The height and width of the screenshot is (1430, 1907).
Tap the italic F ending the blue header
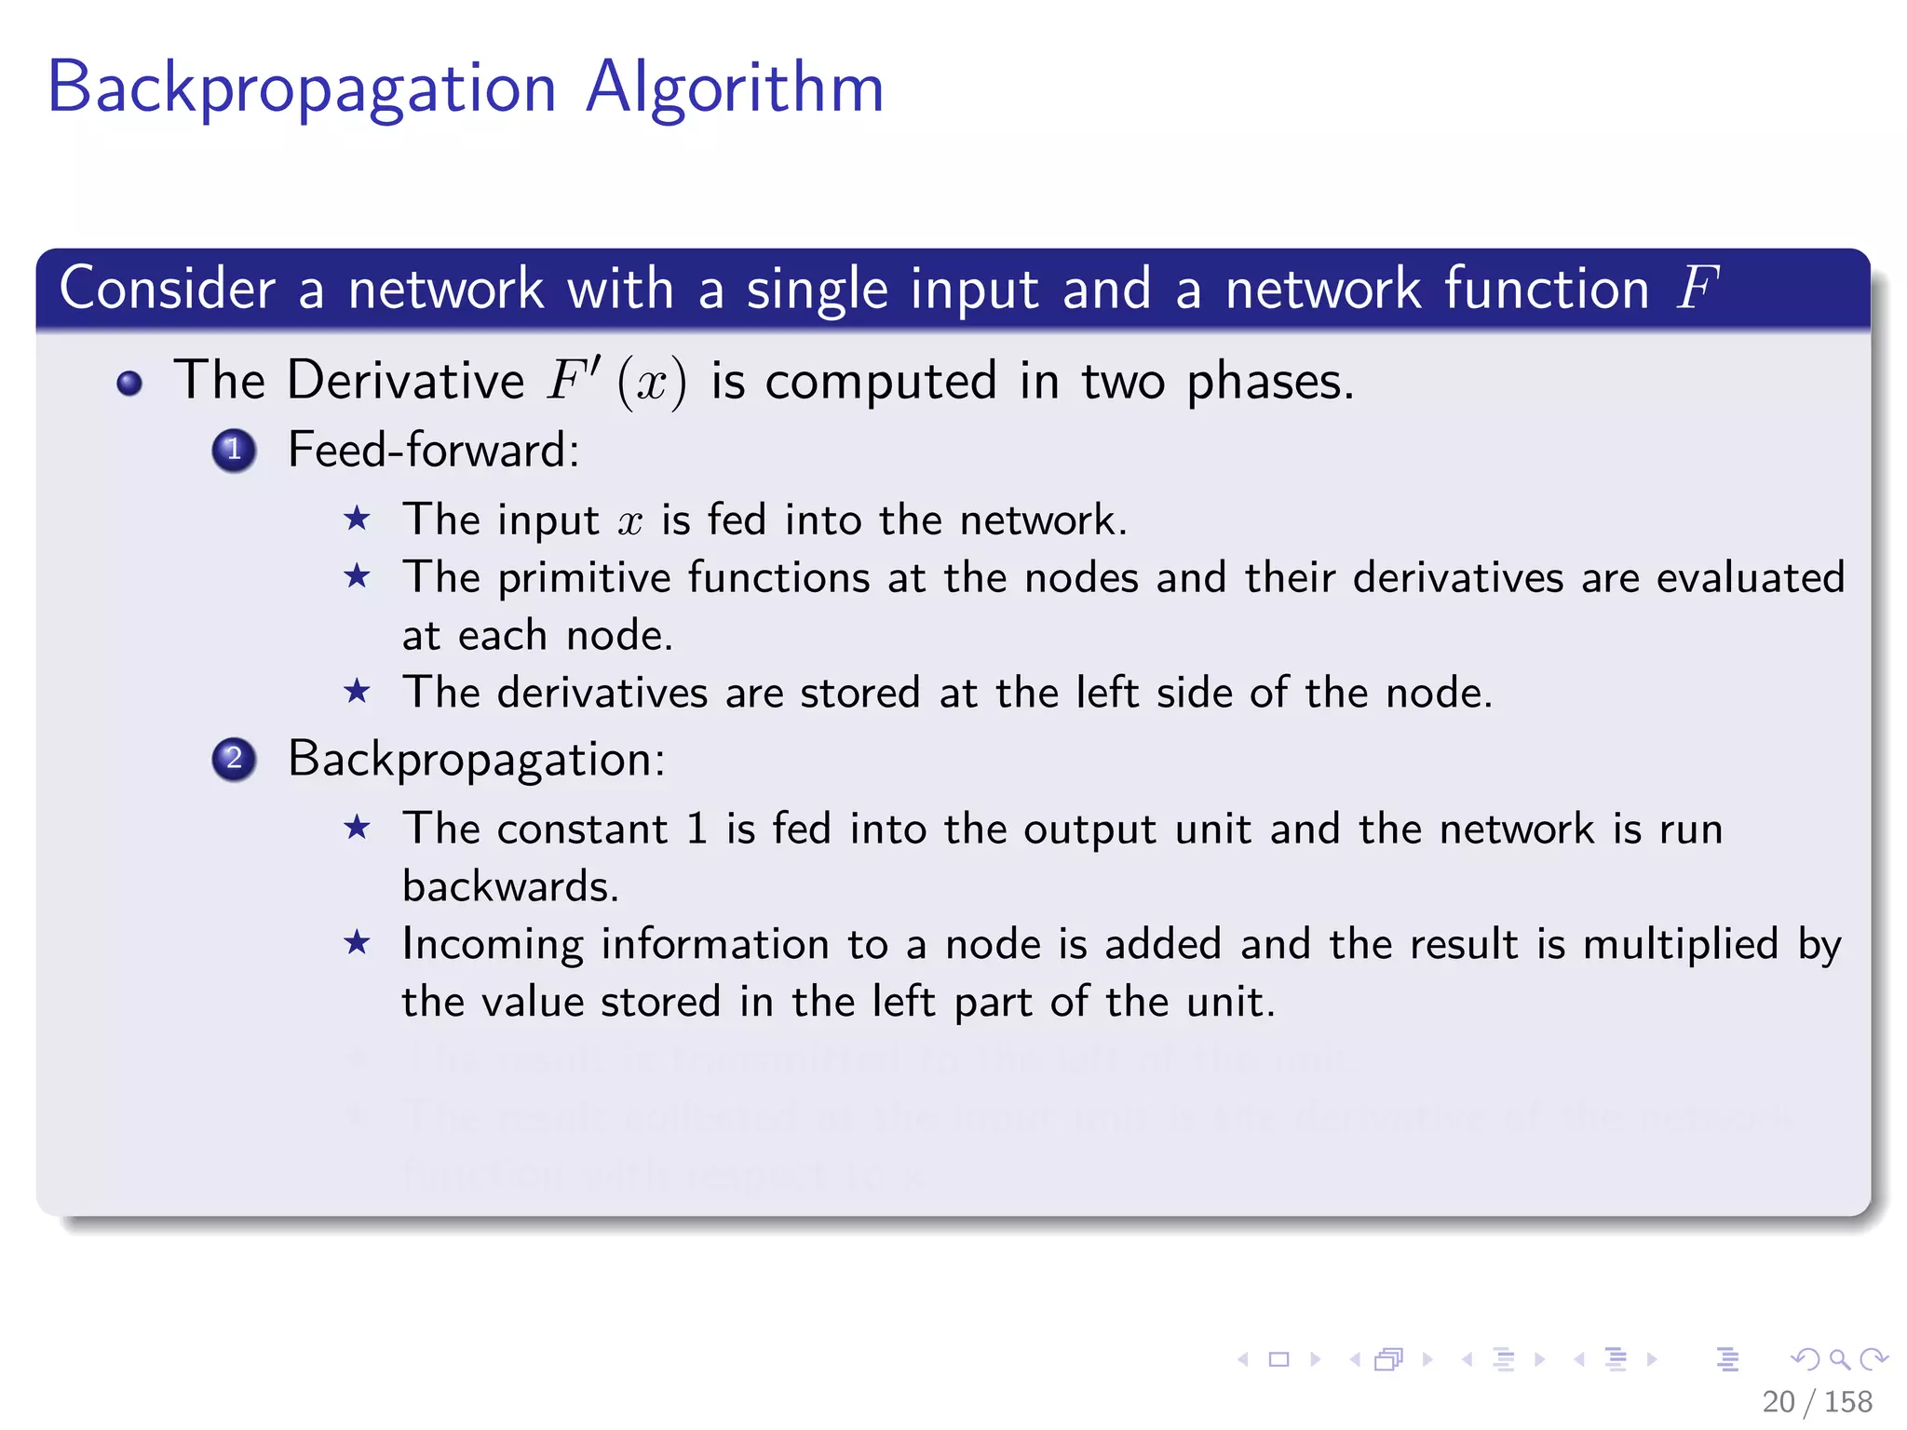point(1697,288)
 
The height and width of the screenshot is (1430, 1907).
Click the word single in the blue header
point(818,290)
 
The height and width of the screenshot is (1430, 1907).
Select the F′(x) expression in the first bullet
point(617,382)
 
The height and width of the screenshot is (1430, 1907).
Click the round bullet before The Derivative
point(129,383)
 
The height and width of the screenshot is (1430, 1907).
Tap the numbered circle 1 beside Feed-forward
point(234,451)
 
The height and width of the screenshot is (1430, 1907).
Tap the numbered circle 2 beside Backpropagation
point(234,759)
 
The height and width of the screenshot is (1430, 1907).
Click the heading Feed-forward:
point(433,451)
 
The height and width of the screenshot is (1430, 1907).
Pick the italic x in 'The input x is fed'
point(630,521)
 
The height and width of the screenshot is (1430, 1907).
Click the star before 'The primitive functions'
point(357,577)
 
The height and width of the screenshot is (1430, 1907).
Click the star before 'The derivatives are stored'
point(357,692)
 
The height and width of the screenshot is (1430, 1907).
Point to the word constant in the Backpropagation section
point(583,829)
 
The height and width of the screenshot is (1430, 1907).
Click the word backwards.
point(510,886)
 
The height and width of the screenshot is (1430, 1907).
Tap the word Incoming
point(493,945)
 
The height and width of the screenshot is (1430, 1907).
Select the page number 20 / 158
point(1816,1401)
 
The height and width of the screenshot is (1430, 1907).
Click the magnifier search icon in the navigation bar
point(1839,1359)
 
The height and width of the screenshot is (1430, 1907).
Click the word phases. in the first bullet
point(1270,383)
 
